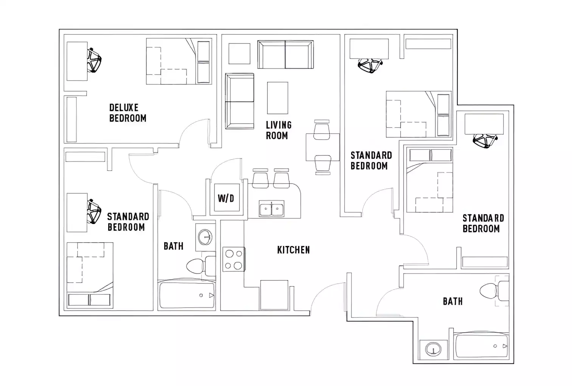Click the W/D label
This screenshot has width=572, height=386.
pos(226,198)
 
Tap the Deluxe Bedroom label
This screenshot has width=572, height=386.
pos(127,113)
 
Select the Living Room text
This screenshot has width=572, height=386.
pos(278,130)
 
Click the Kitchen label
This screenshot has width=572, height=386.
pos(293,250)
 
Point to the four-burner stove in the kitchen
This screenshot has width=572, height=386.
pos(233,259)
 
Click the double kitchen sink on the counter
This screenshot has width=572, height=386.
pos(271,209)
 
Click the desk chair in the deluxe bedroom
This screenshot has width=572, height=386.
pos(94,60)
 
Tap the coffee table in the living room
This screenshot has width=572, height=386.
pos(277,98)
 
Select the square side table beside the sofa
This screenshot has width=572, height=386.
pos(239,54)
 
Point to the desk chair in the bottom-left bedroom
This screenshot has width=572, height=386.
pos(94,212)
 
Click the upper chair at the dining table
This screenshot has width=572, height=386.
pos(322,130)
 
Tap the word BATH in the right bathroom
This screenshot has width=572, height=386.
pos(452,301)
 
